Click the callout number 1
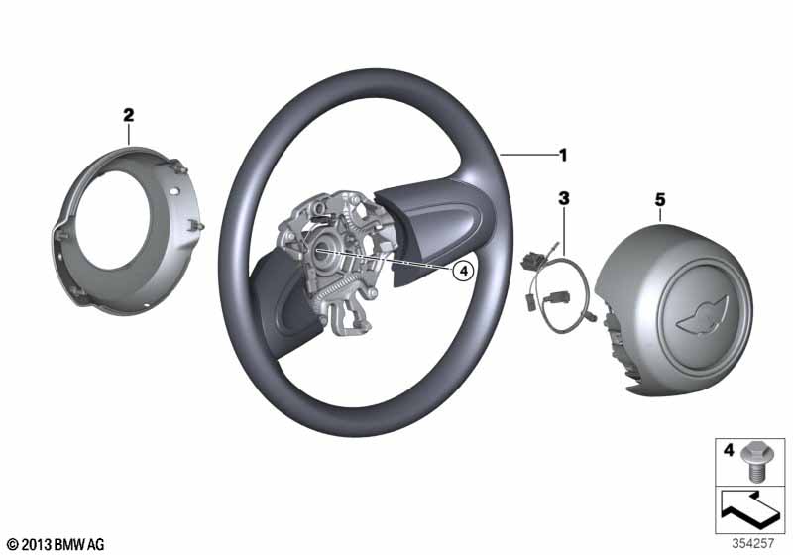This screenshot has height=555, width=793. tap(563, 155)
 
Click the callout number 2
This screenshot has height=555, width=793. tap(129, 115)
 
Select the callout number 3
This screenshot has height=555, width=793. tap(563, 198)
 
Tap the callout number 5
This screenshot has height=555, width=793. tap(660, 200)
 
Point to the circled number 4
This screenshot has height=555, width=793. tap(463, 271)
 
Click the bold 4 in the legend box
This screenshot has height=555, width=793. tap(729, 450)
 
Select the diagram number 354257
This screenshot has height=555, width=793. tap(753, 544)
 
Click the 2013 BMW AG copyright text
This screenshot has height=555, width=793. tap(56, 544)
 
